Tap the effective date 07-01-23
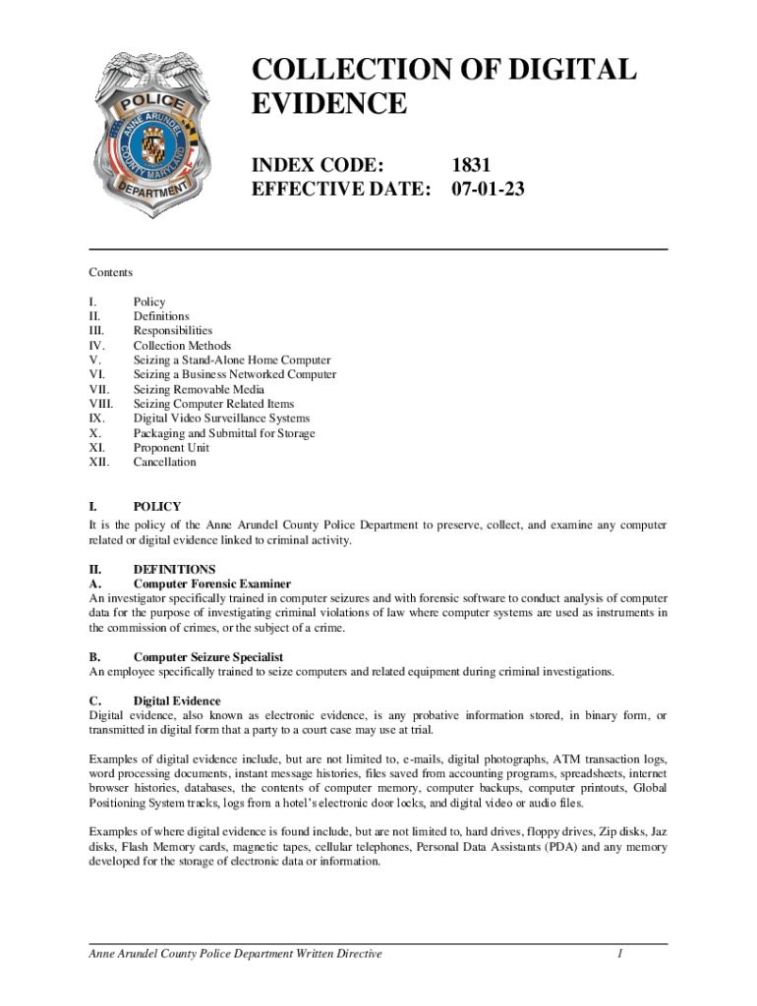click(489, 189)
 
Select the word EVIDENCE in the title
click(329, 105)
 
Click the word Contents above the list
click(110, 272)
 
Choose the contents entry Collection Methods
click(182, 346)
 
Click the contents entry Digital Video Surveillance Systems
click(221, 419)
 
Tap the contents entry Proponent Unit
click(171, 448)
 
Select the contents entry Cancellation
click(164, 462)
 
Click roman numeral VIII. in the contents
click(101, 404)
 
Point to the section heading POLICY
click(157, 507)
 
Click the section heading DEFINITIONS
click(174, 569)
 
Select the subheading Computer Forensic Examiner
click(211, 584)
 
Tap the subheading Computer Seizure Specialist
click(208, 656)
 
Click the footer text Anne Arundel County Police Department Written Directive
click(235, 954)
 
